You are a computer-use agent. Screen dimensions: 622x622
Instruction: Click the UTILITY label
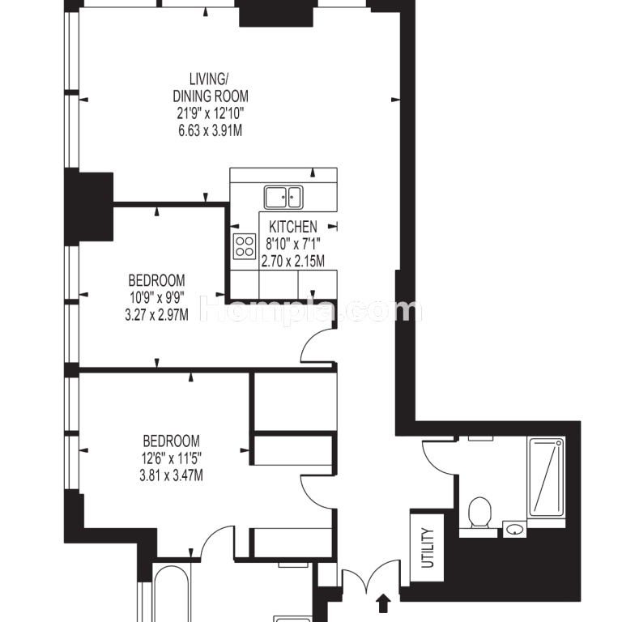tap(428, 547)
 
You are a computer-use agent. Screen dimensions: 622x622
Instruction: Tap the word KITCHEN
tap(293, 227)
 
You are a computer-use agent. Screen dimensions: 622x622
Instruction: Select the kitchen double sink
tap(283, 197)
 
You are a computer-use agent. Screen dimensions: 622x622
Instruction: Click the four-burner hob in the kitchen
tap(245, 246)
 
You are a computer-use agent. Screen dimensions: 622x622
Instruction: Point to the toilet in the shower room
tap(479, 513)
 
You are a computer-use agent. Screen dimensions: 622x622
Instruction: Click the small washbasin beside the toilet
tap(515, 529)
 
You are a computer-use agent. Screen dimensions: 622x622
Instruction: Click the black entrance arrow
tap(383, 603)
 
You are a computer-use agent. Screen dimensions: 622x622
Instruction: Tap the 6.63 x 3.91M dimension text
tap(211, 130)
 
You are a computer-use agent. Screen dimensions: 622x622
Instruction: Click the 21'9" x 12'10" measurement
tap(211, 113)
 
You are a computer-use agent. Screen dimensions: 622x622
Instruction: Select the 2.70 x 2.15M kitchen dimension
tap(293, 262)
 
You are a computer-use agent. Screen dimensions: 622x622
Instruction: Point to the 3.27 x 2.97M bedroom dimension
tap(156, 315)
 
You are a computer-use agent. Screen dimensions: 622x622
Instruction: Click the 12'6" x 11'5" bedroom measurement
tap(172, 458)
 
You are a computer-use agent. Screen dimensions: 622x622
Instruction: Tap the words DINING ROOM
tap(211, 96)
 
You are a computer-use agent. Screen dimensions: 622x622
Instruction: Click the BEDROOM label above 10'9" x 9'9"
tap(156, 280)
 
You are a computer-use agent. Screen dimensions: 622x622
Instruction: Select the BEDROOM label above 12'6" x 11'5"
tap(172, 441)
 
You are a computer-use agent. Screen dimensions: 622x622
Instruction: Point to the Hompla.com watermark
tap(311, 309)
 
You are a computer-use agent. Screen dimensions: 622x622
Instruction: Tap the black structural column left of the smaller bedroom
tap(89, 207)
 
